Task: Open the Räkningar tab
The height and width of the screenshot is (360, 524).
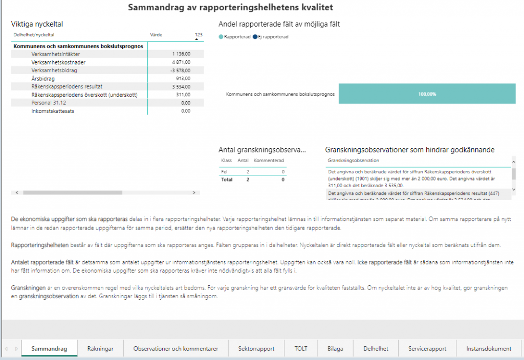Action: (x=100, y=349)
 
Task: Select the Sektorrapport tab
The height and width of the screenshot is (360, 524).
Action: (x=255, y=349)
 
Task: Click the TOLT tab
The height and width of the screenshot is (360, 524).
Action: (x=301, y=349)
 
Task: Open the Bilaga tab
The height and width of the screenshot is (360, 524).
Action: (x=335, y=349)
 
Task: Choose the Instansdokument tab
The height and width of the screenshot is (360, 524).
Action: (x=489, y=349)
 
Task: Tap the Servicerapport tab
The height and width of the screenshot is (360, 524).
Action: (x=427, y=349)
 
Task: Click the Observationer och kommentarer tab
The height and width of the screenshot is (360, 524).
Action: (x=176, y=349)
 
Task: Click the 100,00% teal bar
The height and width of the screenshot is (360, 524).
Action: (x=427, y=94)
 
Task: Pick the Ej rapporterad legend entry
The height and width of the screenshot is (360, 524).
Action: (x=272, y=37)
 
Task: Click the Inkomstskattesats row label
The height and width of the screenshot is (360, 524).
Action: (x=52, y=111)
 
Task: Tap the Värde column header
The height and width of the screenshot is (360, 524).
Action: (x=156, y=35)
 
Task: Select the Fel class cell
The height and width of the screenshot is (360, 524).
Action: (x=224, y=172)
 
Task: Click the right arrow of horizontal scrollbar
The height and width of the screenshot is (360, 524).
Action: (x=193, y=193)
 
